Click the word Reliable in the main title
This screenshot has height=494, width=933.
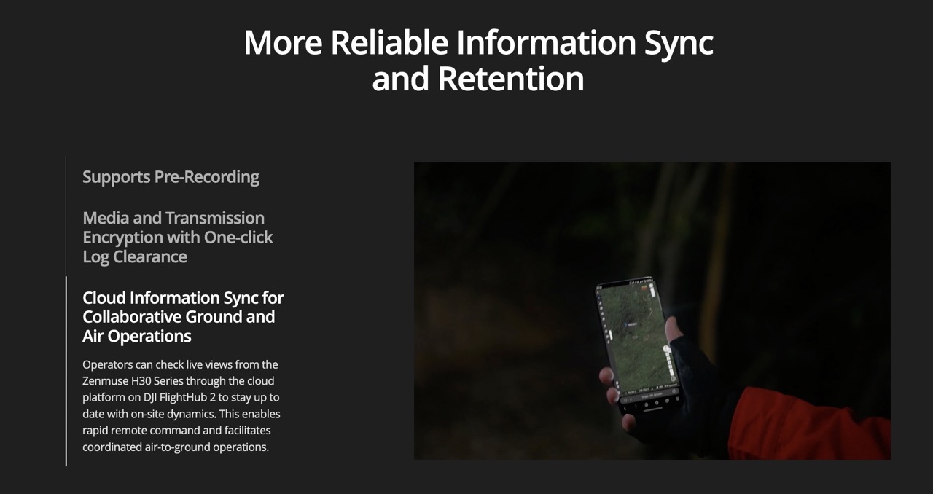point(389,42)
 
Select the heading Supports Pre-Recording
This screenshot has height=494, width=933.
point(171,177)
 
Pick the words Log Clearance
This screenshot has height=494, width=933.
point(135,256)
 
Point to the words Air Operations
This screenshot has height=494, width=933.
point(136,336)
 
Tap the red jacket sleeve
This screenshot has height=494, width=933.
point(808,425)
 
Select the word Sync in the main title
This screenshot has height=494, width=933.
point(679,43)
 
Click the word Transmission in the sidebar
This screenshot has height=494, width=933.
point(215,219)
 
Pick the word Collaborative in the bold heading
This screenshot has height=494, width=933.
point(131,317)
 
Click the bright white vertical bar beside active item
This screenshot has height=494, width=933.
point(66,371)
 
